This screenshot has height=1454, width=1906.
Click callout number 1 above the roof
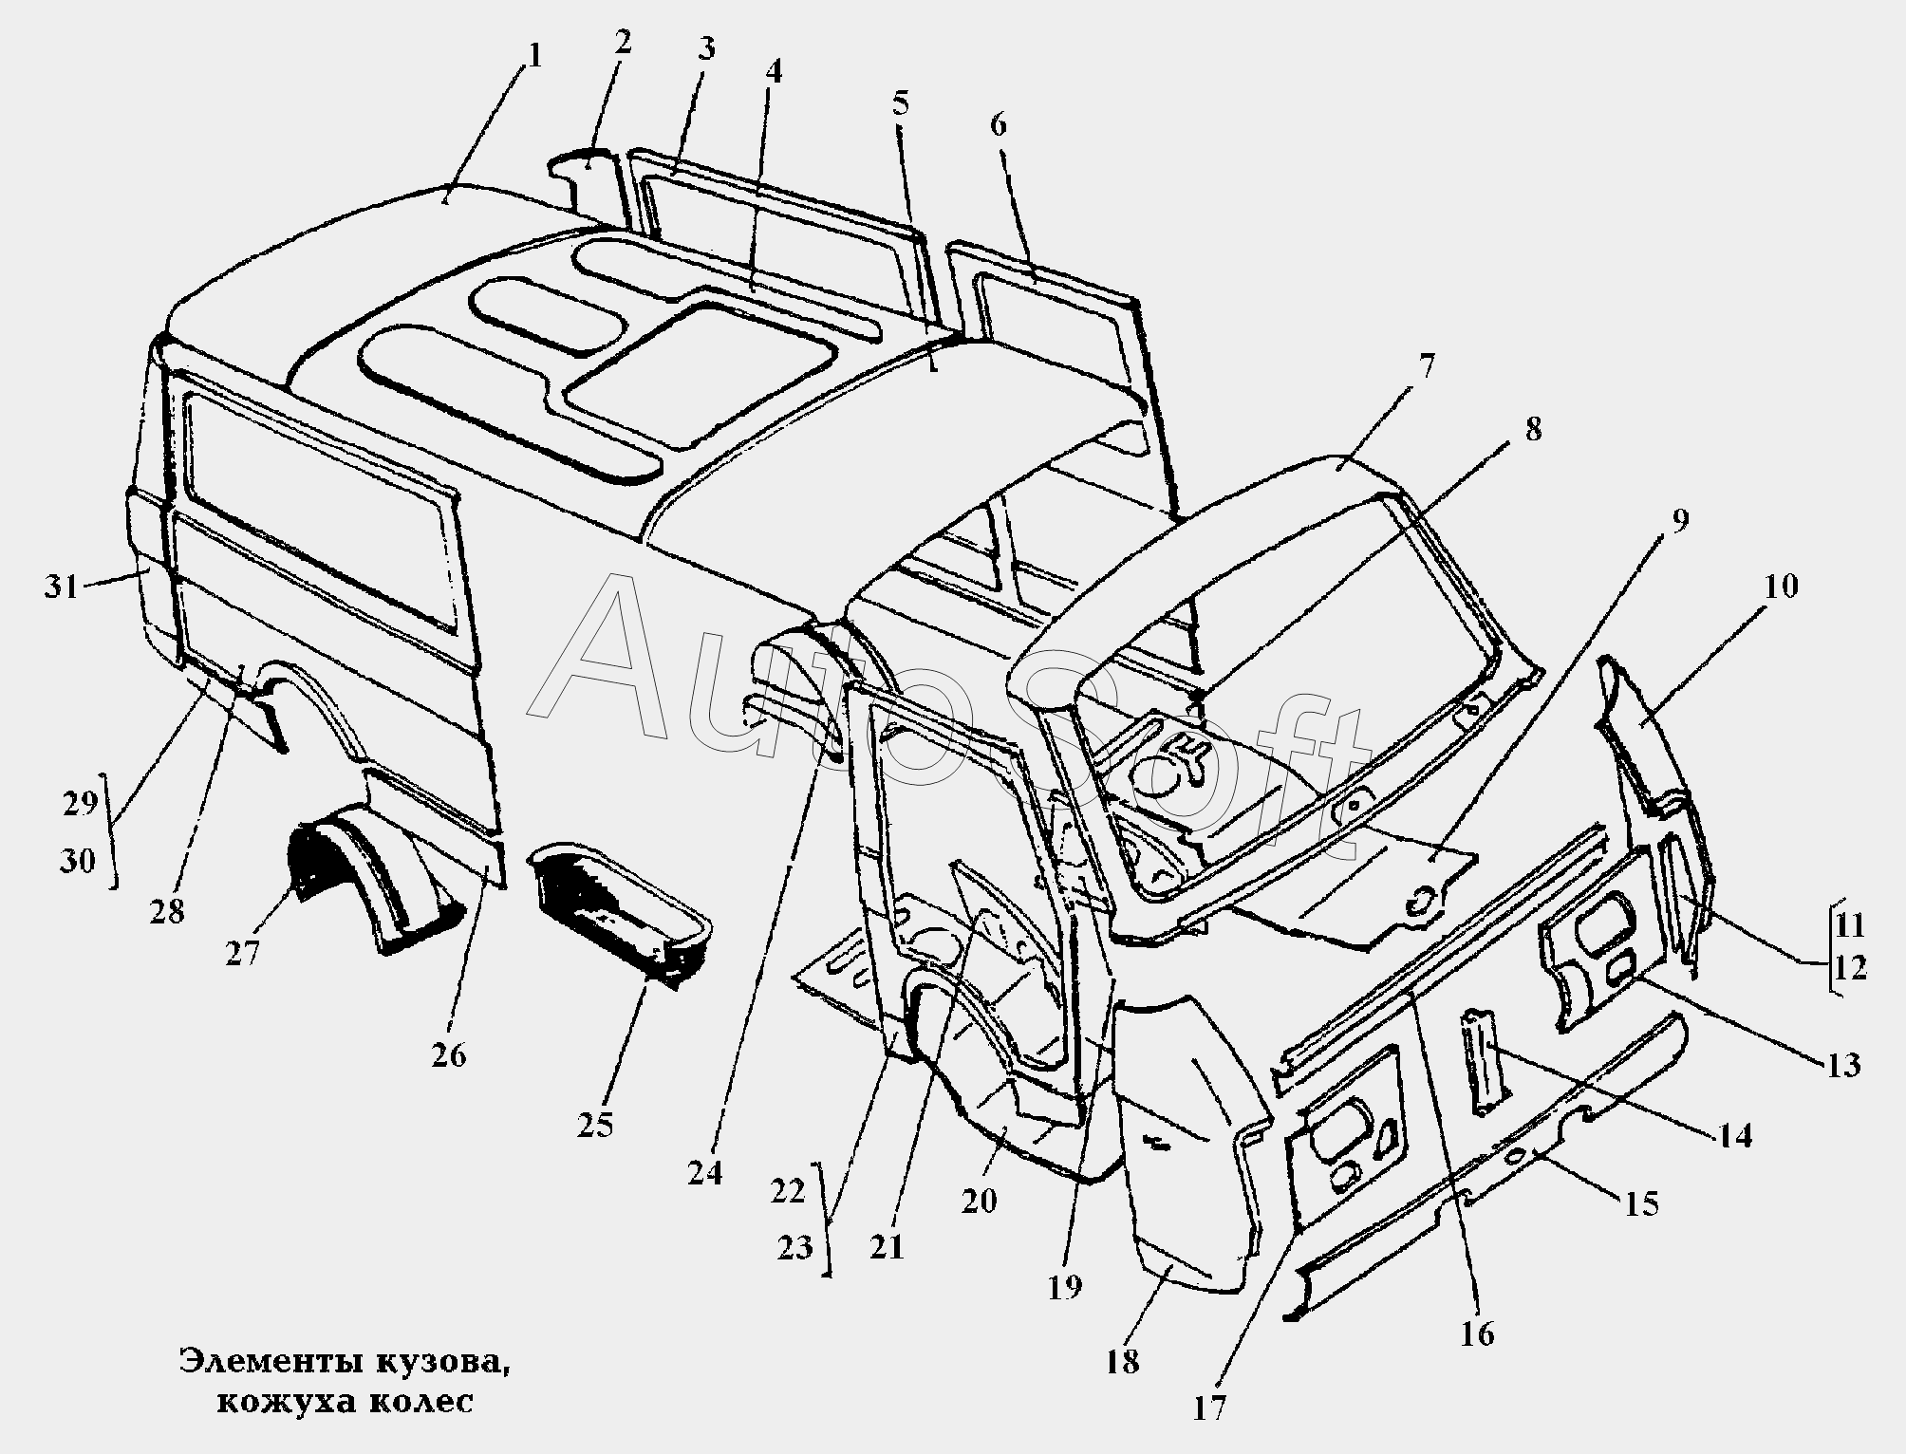coord(533,55)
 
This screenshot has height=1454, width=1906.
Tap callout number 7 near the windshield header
coord(1426,364)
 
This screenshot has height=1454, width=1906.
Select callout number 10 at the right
coord(1781,587)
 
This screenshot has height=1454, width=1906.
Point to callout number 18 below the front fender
coord(1122,1363)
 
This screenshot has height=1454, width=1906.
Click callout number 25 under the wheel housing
coord(595,1125)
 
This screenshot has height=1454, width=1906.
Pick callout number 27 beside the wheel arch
coord(242,952)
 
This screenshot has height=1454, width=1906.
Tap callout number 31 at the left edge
coord(62,587)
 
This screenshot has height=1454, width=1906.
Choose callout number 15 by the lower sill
coord(1641,1204)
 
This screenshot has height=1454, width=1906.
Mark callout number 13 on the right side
coord(1842,1066)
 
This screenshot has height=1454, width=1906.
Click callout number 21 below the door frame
coord(888,1246)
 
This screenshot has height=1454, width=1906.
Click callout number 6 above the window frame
coord(998,124)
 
